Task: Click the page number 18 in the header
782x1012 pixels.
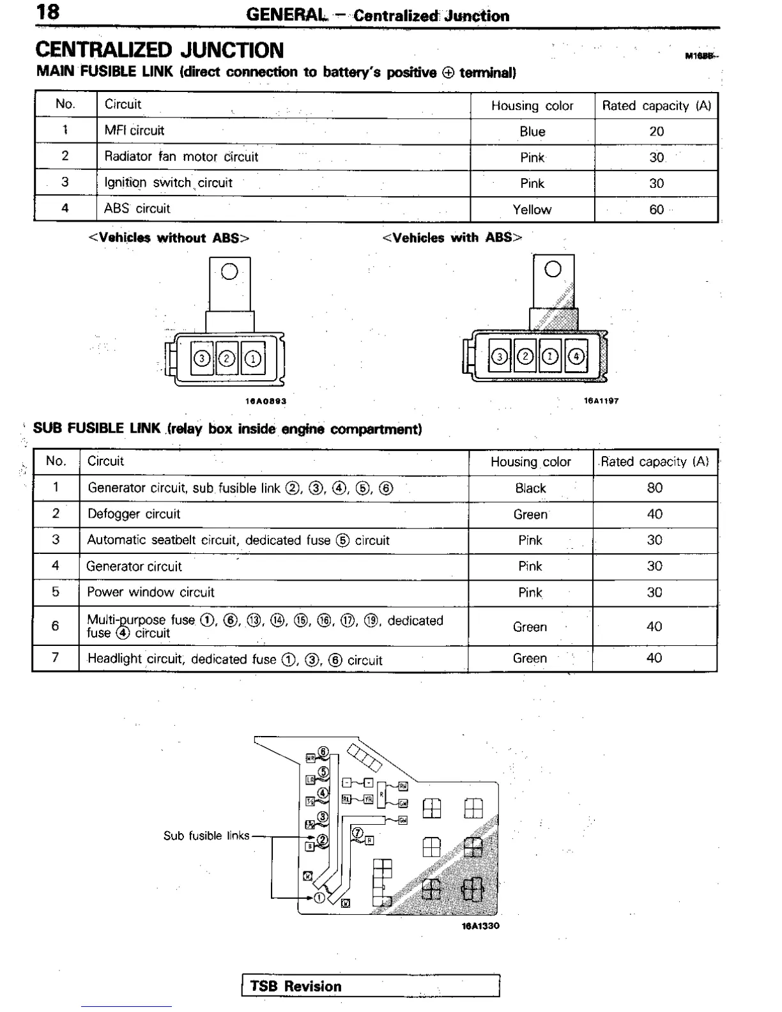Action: (49, 11)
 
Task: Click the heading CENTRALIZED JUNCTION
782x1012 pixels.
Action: (160, 50)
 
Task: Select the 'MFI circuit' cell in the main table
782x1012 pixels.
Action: (134, 131)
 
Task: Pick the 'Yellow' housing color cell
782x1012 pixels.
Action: (532, 210)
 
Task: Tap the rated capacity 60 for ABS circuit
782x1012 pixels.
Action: (656, 210)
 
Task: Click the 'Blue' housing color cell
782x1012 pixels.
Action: (532, 132)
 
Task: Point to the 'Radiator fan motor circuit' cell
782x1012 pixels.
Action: (181, 157)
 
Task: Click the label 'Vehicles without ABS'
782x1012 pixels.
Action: (169, 238)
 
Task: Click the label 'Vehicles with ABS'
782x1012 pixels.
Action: (452, 238)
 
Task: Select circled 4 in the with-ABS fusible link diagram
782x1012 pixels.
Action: (576, 356)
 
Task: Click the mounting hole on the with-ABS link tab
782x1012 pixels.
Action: (553, 269)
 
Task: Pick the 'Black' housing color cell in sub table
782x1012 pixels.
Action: (530, 489)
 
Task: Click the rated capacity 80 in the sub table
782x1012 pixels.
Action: (655, 488)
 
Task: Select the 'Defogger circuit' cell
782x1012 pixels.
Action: (134, 514)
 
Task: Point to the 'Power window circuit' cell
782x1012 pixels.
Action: (151, 592)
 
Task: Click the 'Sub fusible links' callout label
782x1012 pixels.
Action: (206, 836)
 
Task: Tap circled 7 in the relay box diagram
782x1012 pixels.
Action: (357, 832)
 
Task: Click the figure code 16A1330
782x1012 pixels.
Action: (480, 926)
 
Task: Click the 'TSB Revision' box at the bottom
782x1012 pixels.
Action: (371, 986)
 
